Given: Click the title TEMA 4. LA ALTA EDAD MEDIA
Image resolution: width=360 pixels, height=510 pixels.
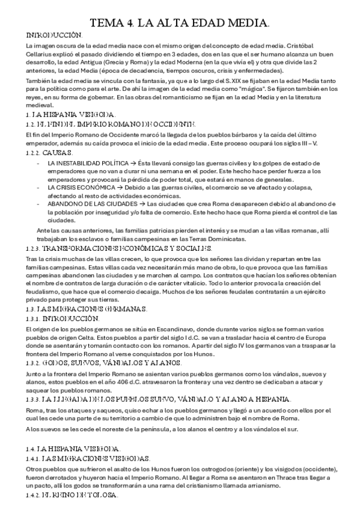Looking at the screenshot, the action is (x=180, y=23).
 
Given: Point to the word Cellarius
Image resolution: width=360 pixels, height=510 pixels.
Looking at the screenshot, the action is (x=41, y=53).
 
